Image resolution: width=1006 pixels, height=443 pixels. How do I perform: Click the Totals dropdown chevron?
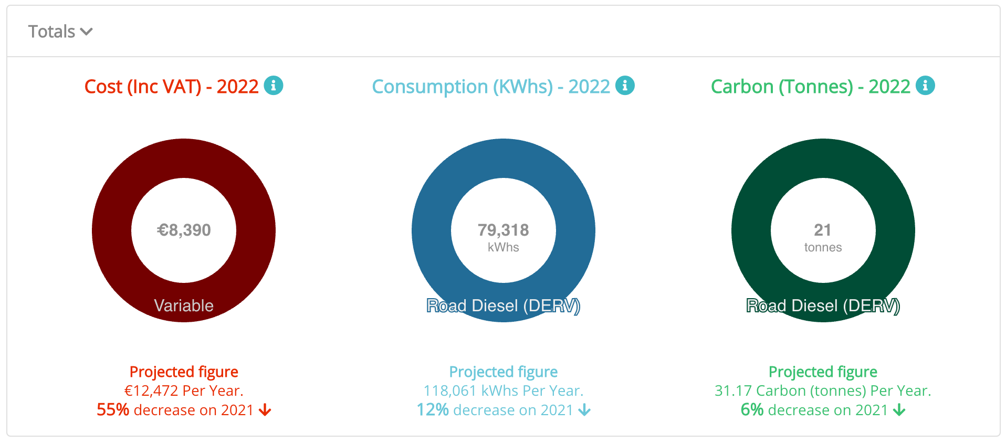(87, 32)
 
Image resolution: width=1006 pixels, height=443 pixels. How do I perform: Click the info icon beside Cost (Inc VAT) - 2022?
(273, 85)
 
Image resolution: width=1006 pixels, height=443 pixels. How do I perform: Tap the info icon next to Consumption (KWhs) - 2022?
(625, 85)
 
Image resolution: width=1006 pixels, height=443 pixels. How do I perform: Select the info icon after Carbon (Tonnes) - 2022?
(925, 85)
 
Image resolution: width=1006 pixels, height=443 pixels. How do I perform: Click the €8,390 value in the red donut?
(184, 230)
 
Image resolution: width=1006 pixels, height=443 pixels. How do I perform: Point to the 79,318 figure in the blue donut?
(503, 230)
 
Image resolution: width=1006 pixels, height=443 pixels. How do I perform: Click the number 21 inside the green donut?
(822, 230)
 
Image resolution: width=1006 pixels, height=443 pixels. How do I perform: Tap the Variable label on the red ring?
(184, 305)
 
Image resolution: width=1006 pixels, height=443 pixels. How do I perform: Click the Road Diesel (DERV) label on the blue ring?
(503, 305)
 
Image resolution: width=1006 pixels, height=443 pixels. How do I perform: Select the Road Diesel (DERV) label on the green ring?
(823, 305)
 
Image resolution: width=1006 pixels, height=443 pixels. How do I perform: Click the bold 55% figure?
(113, 410)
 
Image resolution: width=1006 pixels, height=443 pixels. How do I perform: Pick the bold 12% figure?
(433, 410)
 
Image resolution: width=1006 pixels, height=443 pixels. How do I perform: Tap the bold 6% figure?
(752, 410)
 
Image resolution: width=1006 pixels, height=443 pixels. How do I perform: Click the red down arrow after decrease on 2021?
(265, 410)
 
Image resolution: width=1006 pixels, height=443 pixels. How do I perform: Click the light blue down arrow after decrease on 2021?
(584, 410)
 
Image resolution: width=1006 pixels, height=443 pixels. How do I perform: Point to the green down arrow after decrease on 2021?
(899, 410)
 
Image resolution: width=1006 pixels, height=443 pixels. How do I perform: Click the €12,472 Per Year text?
(184, 391)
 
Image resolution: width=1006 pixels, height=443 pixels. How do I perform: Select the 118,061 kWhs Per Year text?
(503, 391)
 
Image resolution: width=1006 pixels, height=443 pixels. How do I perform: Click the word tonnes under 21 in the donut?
(823, 247)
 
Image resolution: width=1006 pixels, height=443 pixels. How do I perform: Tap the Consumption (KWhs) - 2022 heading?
(491, 87)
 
